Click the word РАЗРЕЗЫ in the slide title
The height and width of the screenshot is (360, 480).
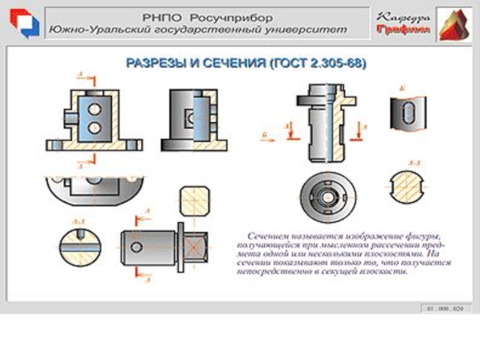tap(152, 63)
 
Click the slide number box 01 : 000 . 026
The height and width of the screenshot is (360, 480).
tap(445, 308)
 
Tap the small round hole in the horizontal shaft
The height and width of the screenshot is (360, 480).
tap(137, 247)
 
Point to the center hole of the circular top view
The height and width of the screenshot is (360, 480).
tap(328, 197)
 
